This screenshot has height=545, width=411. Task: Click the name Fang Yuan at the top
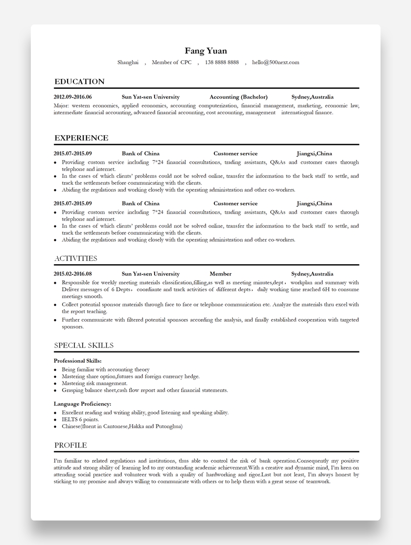(205, 51)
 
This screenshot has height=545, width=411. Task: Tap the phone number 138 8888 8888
(222, 62)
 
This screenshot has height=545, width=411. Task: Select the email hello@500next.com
(275, 62)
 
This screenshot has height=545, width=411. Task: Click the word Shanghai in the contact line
(128, 62)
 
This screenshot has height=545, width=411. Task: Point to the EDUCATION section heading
(79, 81)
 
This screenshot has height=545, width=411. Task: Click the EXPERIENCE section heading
(81, 138)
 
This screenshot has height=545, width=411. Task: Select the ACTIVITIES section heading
(75, 258)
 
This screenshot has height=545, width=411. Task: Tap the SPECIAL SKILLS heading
(84, 346)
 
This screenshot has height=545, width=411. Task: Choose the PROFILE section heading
(70, 446)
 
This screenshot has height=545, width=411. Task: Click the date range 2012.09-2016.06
(72, 97)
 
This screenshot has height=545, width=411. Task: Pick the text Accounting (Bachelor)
(238, 97)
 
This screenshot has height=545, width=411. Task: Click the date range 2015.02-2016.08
(72, 274)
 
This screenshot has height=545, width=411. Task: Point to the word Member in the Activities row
(220, 274)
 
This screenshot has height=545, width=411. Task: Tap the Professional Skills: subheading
(77, 361)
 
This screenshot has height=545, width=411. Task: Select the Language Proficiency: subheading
(82, 404)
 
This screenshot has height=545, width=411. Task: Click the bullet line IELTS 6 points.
(80, 420)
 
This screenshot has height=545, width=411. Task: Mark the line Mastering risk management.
(94, 383)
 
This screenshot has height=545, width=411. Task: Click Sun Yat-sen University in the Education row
(150, 97)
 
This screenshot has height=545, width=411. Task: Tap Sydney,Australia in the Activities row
(312, 274)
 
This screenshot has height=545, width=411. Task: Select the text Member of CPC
(171, 62)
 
